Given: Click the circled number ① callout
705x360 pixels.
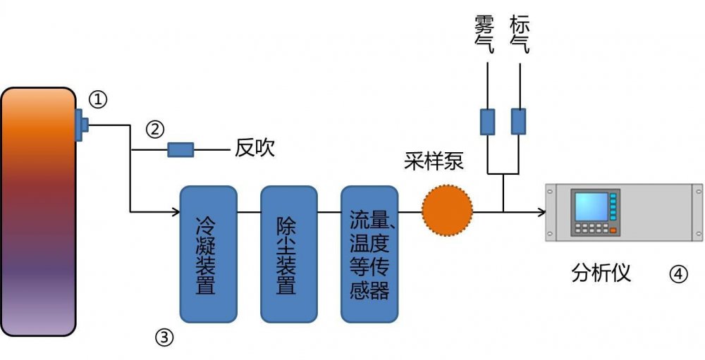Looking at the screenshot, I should tap(98, 100).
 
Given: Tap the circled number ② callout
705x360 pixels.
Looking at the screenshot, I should tap(155, 130).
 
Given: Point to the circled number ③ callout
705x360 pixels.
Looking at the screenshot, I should tap(164, 338).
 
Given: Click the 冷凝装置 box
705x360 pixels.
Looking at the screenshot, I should tap(208, 254).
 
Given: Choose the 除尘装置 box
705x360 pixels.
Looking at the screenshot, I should tap(288, 254).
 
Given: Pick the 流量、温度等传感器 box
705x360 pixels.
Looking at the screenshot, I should tap(369, 254).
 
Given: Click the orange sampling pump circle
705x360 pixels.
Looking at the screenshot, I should tap(447, 211).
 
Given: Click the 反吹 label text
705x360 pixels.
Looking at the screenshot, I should tap(255, 149).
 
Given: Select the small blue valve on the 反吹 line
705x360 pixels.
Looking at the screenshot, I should tap(180, 149).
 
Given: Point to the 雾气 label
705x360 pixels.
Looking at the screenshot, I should tap(485, 35).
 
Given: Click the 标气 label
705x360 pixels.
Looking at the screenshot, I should tap(519, 35).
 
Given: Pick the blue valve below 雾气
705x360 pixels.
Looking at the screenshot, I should tap(488, 121).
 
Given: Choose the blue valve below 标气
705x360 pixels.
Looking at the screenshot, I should tap(519, 121).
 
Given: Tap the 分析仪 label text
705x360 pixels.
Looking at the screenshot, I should tap(601, 273).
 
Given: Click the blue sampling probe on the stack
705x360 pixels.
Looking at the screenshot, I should tap(81, 125).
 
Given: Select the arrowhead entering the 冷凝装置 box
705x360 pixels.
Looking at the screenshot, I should tap(176, 211).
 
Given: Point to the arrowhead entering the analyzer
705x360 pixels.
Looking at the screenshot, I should tap(541, 211).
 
